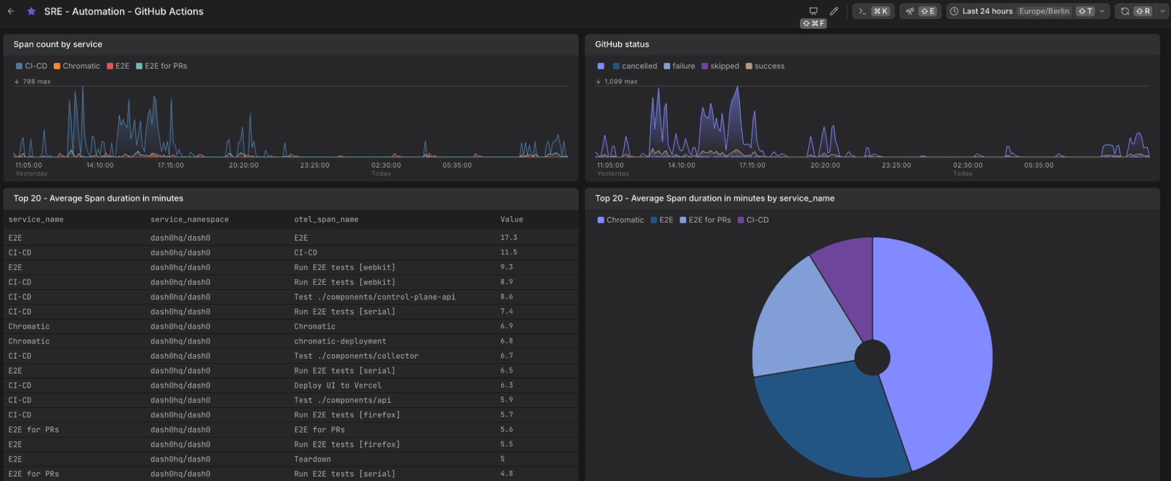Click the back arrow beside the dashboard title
(11, 11)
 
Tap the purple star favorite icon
(32, 11)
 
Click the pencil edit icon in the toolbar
(834, 11)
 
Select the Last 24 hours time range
(987, 11)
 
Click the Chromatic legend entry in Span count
(77, 66)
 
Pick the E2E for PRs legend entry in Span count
(162, 66)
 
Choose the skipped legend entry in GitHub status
(721, 66)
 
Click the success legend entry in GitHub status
(765, 66)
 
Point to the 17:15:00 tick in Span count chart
(170, 165)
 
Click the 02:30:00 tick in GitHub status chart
(968, 165)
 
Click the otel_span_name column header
(326, 220)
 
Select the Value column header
(511, 220)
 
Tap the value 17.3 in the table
(508, 238)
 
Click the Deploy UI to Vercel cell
(337, 386)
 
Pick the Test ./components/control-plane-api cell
(375, 297)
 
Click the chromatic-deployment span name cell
(340, 342)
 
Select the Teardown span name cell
(312, 459)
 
